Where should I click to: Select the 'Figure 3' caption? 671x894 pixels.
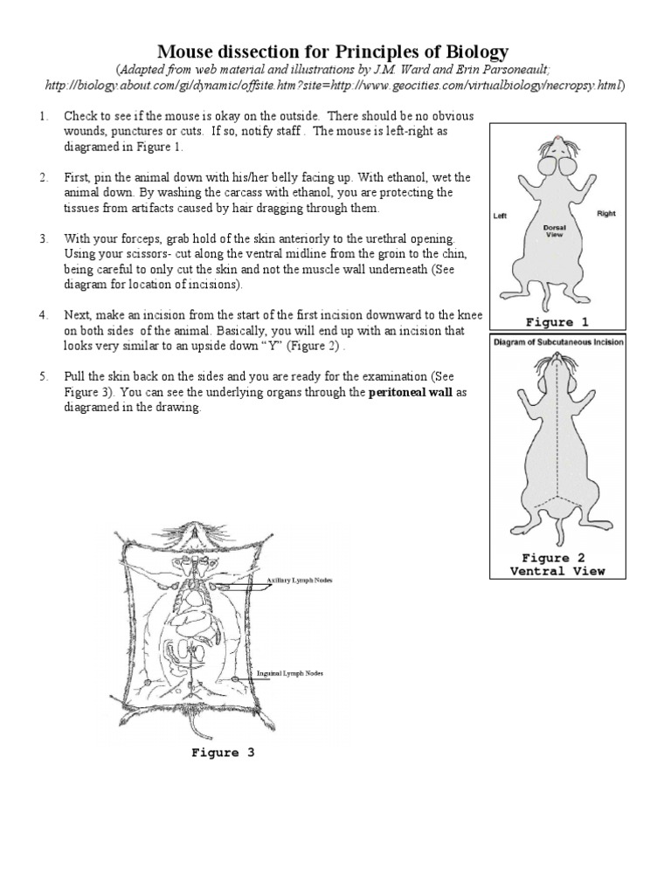pos(223,753)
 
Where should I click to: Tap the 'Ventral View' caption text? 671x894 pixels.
pos(557,571)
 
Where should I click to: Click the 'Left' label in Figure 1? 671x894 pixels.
pos(502,216)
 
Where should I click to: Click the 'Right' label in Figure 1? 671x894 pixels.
pos(606,213)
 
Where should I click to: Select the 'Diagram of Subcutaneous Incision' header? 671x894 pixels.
pos(558,342)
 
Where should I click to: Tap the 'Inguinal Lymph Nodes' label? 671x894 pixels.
pos(289,674)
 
